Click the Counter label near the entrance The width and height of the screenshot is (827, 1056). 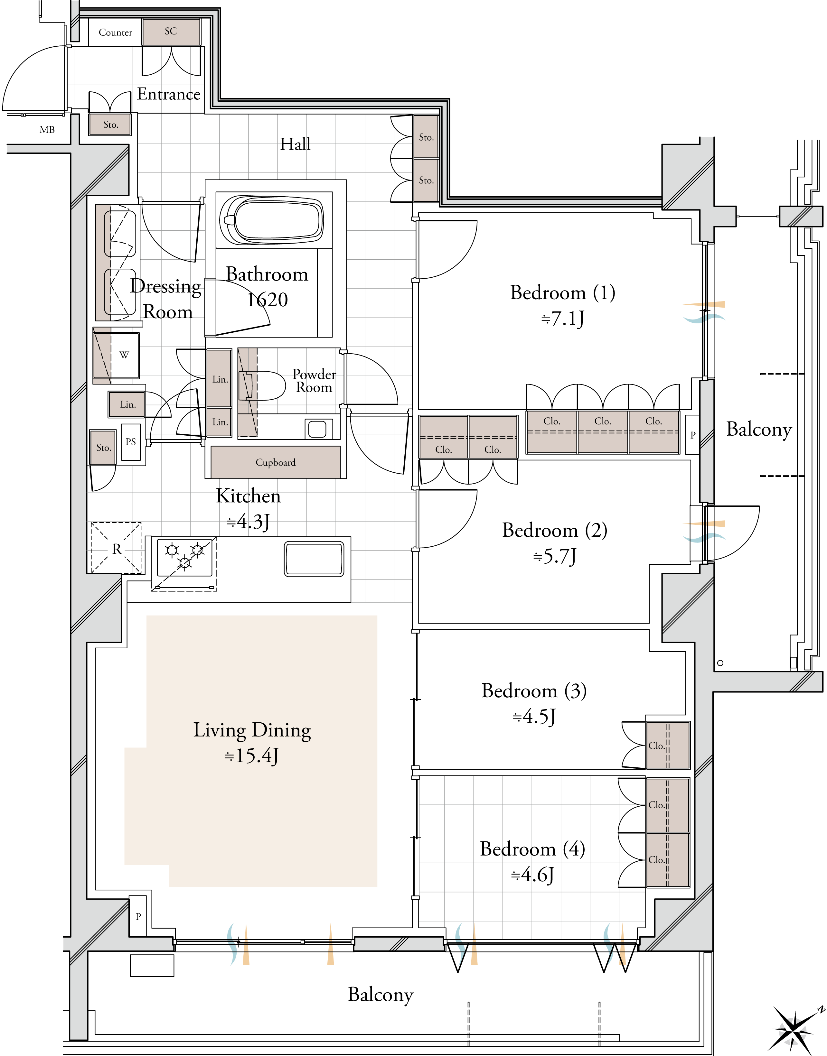click(115, 32)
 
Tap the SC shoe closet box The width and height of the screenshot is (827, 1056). click(171, 32)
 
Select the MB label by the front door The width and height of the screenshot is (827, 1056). click(47, 130)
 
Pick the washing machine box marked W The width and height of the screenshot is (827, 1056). click(116, 355)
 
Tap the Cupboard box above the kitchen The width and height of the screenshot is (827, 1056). click(276, 462)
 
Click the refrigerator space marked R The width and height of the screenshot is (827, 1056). click(116, 548)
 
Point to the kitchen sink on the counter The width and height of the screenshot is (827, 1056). click(314, 559)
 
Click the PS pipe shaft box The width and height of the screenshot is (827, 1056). click(131, 442)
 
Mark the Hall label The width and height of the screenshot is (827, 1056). click(296, 144)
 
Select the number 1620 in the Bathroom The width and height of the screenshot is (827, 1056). click(267, 300)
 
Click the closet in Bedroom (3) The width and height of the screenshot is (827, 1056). click(668, 745)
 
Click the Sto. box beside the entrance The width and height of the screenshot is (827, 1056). click(110, 125)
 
